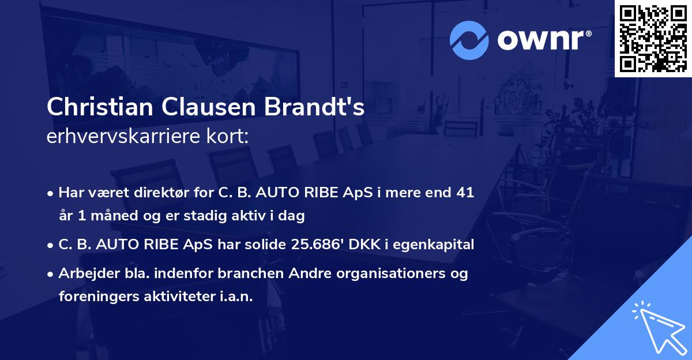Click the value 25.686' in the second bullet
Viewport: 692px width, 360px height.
pyautogui.click(x=315, y=245)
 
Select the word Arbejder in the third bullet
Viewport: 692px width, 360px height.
pyautogui.click(x=83, y=273)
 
